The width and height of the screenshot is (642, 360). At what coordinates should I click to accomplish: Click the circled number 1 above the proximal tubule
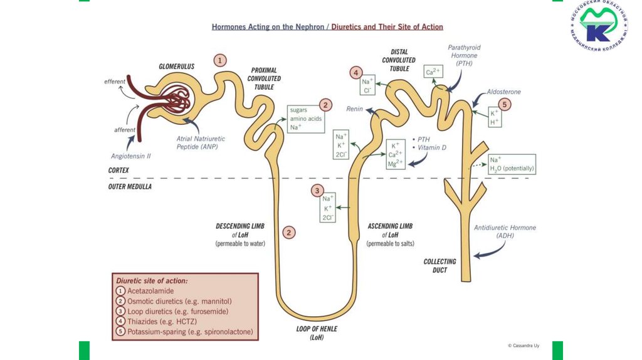pyautogui.click(x=219, y=60)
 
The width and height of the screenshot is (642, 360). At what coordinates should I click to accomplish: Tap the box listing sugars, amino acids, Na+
pyautogui.click(x=306, y=118)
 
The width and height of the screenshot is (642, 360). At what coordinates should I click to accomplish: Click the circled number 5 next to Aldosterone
pyautogui.click(x=505, y=105)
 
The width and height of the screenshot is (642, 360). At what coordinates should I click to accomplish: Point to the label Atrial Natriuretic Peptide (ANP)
pyautogui.click(x=201, y=142)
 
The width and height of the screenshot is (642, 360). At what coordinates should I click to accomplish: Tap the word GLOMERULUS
pyautogui.click(x=177, y=66)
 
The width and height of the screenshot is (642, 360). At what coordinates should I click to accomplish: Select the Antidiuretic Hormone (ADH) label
pyautogui.click(x=505, y=231)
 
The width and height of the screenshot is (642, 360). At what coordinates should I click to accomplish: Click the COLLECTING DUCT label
pyautogui.click(x=439, y=265)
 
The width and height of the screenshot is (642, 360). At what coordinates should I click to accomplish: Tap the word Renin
pyautogui.click(x=355, y=109)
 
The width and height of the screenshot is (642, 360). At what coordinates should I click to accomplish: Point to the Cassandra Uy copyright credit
pyautogui.click(x=529, y=346)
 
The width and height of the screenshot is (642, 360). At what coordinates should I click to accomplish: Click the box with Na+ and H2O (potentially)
pyautogui.click(x=512, y=164)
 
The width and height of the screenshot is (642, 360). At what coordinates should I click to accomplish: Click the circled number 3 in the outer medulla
pyautogui.click(x=318, y=191)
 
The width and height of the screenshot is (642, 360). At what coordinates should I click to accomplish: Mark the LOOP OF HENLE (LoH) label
pyautogui.click(x=315, y=332)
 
